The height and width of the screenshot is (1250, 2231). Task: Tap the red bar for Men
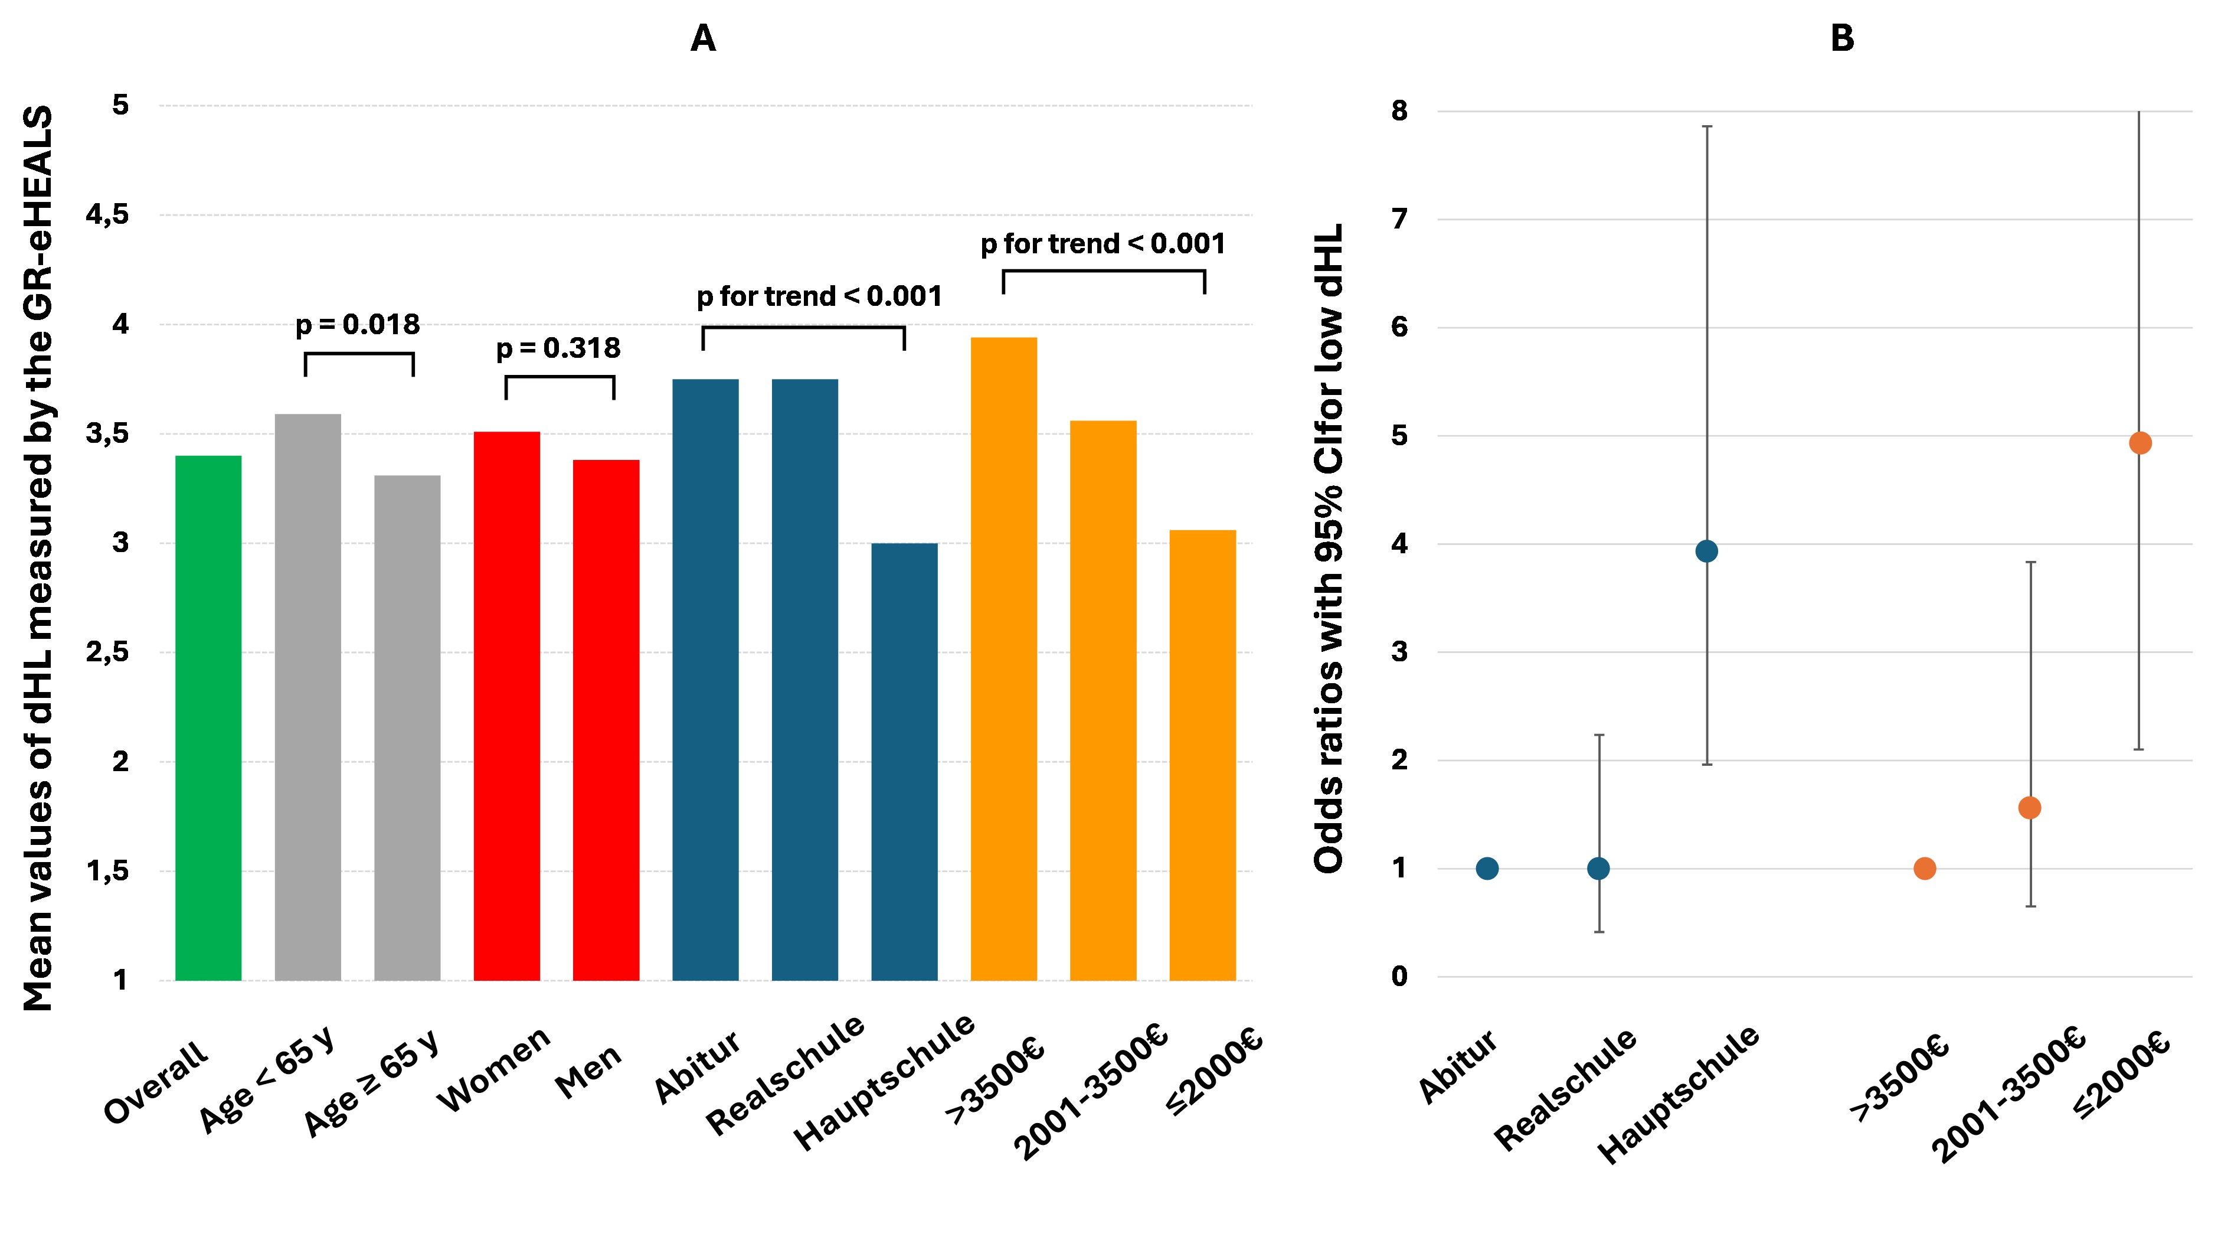click(x=606, y=719)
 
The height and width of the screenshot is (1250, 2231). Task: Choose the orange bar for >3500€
click(x=1004, y=658)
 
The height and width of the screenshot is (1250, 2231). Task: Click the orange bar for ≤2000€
click(x=1202, y=753)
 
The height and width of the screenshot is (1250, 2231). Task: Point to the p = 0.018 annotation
click(x=358, y=325)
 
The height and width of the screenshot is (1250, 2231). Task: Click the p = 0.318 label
click(x=558, y=348)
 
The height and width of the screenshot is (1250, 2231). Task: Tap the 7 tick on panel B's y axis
click(x=1399, y=219)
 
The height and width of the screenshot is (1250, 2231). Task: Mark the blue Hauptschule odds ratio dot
click(x=1706, y=551)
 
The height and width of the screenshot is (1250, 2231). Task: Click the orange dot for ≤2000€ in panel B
click(x=2140, y=443)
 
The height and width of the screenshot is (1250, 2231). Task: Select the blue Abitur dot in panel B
click(x=1487, y=869)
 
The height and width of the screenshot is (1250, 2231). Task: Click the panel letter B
click(x=1842, y=39)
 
